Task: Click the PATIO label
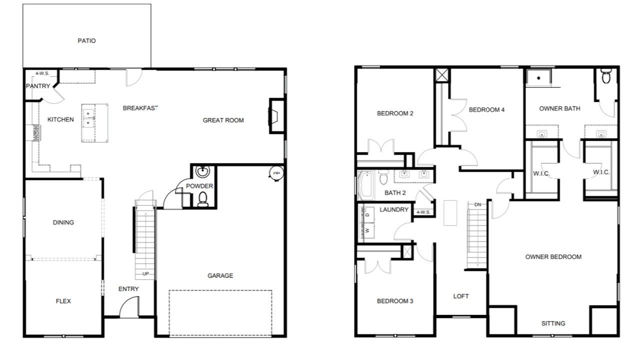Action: (x=86, y=41)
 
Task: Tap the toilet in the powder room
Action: (x=203, y=199)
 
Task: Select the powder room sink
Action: (x=202, y=171)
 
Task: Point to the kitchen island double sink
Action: (x=88, y=118)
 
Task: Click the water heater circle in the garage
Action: (x=276, y=173)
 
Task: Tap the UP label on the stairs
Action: (x=145, y=273)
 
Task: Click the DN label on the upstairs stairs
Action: (x=477, y=204)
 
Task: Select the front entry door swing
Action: (x=129, y=307)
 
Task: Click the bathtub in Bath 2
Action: (x=365, y=185)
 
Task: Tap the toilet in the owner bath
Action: (x=605, y=75)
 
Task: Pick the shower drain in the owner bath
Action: (x=538, y=78)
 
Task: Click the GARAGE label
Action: (x=220, y=275)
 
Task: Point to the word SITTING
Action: (x=553, y=323)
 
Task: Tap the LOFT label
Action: (x=461, y=296)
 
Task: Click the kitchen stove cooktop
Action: (x=36, y=133)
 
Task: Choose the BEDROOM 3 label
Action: (x=395, y=301)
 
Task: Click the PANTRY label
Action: (x=38, y=86)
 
